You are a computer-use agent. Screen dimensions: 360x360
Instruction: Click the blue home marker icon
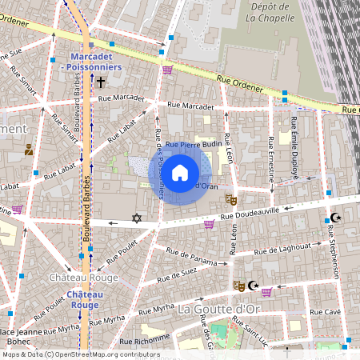point(180,173)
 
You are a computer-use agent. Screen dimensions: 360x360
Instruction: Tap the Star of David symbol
point(136,218)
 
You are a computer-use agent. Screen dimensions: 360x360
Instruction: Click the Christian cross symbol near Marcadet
point(101,82)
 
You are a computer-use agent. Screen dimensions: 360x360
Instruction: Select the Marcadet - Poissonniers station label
point(96,62)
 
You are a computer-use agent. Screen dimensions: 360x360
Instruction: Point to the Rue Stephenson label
point(334,252)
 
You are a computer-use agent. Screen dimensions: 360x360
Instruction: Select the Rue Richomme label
point(142,338)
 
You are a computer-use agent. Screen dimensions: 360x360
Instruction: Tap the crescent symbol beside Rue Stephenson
point(336,218)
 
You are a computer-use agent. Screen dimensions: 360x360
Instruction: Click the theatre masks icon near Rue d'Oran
point(230,198)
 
